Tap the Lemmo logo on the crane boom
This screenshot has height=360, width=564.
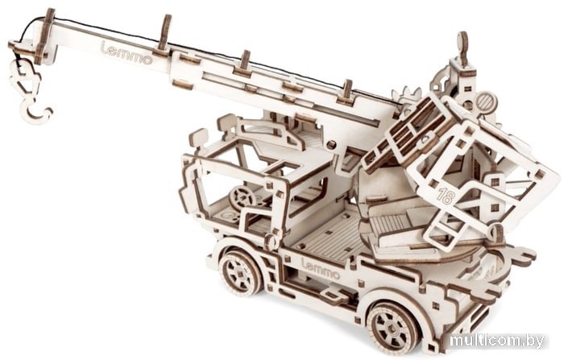coord(126,53)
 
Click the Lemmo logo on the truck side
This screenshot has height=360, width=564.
coord(321,269)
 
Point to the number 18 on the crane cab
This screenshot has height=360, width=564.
coord(446,196)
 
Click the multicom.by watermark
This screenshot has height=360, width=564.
coord(497,340)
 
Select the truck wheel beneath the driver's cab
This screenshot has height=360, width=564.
coord(240,272)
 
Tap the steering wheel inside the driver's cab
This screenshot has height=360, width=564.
coord(243,198)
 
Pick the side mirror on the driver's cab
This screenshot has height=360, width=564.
coord(198,137)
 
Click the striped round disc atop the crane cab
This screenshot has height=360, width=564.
coord(487,101)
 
